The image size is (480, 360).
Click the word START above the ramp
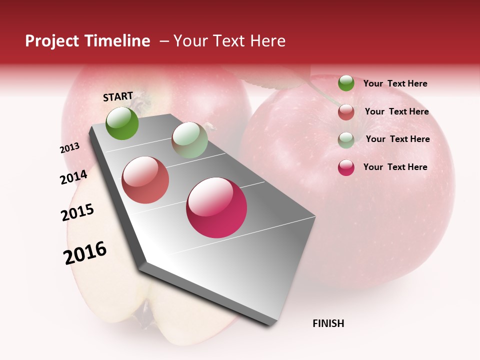coord(118,96)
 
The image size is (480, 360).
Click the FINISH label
coord(328,323)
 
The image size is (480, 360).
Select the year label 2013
coord(69,148)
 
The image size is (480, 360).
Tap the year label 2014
coord(73,177)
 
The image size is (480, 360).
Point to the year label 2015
coord(77,212)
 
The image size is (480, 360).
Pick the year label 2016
coord(85,253)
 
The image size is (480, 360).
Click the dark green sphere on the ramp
coord(122,123)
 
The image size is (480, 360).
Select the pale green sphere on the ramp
coord(189,140)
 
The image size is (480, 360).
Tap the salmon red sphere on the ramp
coord(145,180)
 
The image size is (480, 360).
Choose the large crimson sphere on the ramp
coord(216,207)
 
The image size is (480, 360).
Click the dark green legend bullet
coord(346,83)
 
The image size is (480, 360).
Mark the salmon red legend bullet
coord(346,112)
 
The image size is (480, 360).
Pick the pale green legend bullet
coord(346,139)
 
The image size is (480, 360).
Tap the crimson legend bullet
coord(346,167)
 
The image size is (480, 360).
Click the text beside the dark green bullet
coord(395,83)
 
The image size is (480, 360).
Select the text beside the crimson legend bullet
coord(395,167)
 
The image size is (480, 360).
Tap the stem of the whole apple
coord(320,90)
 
